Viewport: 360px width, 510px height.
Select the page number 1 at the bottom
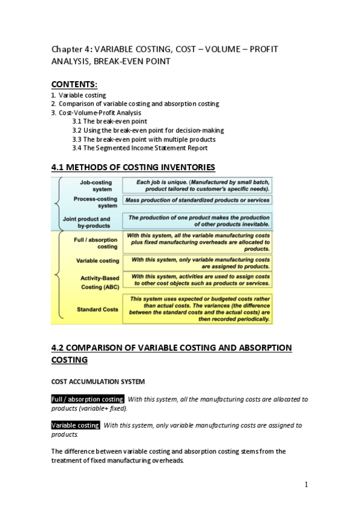306,484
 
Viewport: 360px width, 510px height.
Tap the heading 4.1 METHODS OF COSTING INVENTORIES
132,167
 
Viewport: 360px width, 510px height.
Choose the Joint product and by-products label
87,222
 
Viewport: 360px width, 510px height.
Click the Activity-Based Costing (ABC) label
100,282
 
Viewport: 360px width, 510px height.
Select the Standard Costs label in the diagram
98,309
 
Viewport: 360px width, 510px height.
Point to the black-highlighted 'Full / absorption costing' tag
88,399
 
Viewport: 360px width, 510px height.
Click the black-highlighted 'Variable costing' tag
76,425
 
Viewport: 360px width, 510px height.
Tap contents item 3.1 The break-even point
109,121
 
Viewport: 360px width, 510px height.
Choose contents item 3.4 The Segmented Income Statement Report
140,148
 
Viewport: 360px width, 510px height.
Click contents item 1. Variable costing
79,95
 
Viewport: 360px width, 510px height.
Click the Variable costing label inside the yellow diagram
98,261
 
